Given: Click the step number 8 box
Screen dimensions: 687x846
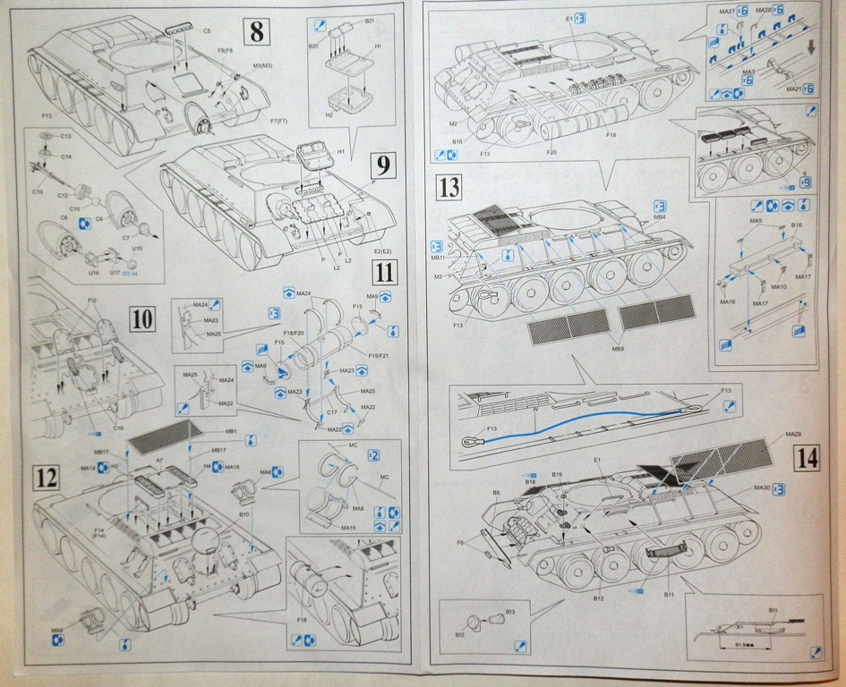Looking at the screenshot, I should (x=257, y=32).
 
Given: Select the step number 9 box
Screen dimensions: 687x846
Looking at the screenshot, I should (x=382, y=165).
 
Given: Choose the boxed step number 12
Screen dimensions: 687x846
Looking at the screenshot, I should (x=47, y=479).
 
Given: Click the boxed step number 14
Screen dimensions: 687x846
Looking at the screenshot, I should (x=807, y=459).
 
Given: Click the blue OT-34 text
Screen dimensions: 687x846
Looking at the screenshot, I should (x=130, y=274).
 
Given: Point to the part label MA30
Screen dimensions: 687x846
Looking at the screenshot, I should (x=762, y=488).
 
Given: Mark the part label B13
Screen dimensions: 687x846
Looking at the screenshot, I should (x=510, y=612).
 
